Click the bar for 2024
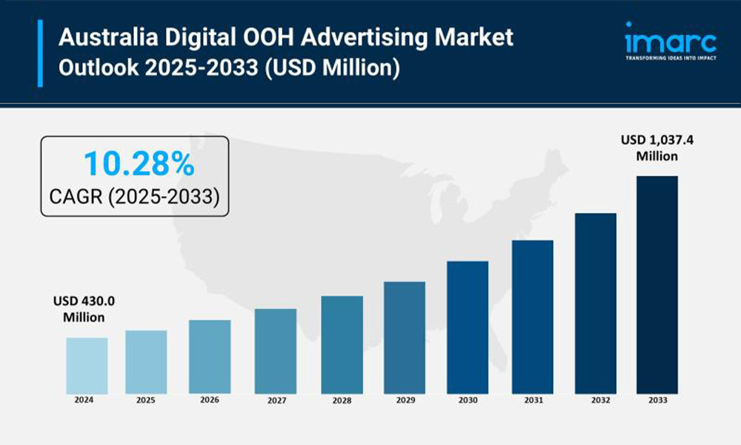click(x=87, y=365)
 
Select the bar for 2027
click(x=275, y=351)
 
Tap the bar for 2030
click(x=468, y=327)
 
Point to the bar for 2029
click(x=404, y=337)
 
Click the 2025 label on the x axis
click(x=146, y=400)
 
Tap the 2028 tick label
click(x=342, y=400)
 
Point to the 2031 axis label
click(x=532, y=400)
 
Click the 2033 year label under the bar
click(x=657, y=400)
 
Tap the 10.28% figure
click(x=139, y=164)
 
